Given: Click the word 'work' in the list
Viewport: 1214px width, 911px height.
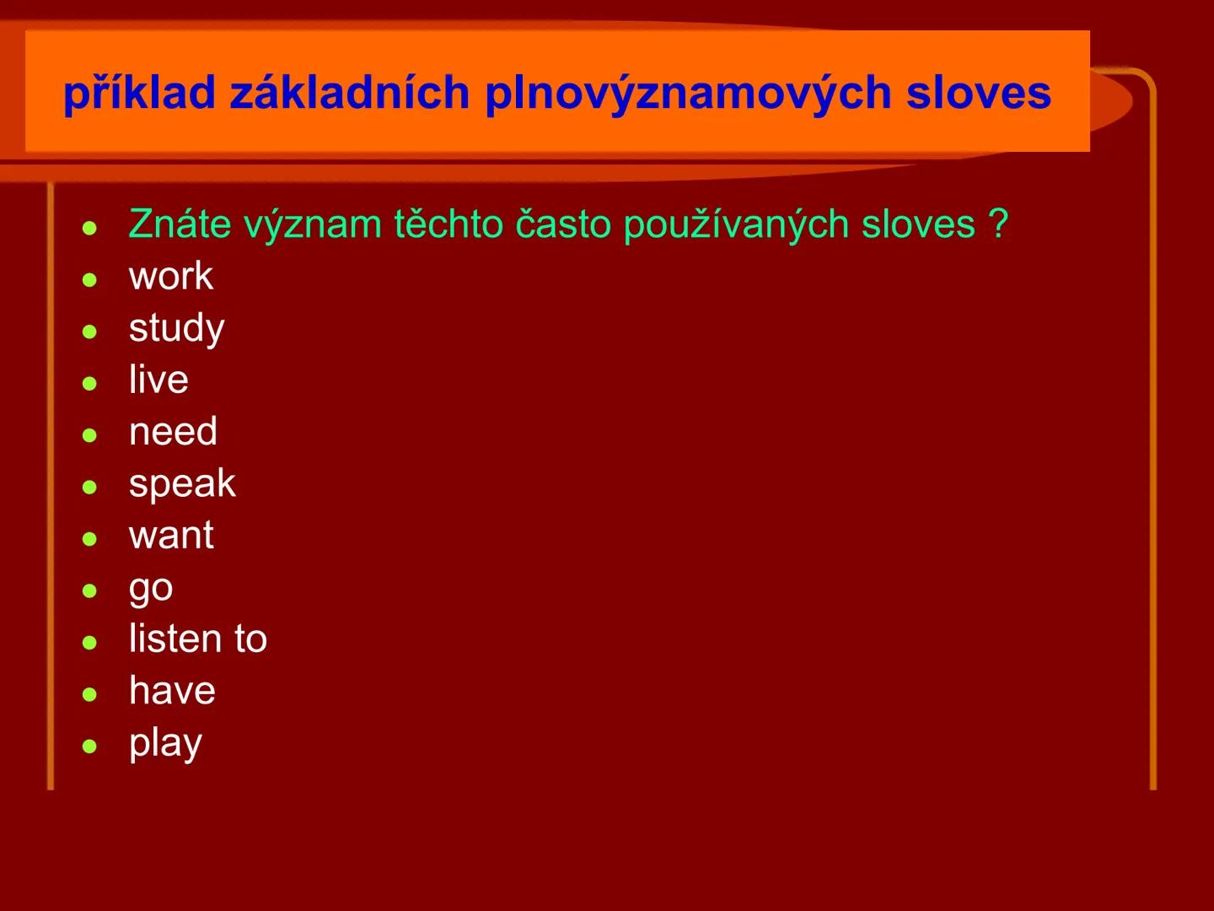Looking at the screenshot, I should click(x=171, y=277).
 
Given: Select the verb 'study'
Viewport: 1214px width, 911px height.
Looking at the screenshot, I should click(x=177, y=329).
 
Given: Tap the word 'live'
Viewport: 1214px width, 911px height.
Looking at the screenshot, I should click(x=158, y=380).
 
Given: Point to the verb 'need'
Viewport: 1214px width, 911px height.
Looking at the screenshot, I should click(x=173, y=432).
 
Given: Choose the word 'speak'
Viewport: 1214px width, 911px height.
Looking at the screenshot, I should click(x=182, y=484).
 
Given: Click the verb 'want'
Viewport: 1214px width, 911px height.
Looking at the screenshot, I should click(x=171, y=536).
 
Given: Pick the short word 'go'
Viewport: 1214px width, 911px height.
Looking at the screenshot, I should click(x=151, y=589).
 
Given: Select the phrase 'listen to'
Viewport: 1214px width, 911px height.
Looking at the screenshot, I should click(x=198, y=639).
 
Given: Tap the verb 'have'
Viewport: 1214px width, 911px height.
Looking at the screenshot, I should click(x=172, y=691).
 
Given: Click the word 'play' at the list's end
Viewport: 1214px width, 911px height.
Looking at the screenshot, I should click(x=165, y=744).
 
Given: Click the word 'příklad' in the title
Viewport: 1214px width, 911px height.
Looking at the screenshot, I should click(x=139, y=93).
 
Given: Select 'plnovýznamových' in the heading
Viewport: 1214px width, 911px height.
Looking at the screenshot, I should click(x=687, y=93).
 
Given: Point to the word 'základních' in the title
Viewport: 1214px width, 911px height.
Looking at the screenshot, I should click(x=349, y=93).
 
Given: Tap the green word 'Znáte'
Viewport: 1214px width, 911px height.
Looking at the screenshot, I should click(x=180, y=224).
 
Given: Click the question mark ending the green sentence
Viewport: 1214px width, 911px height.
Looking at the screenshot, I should click(x=998, y=224).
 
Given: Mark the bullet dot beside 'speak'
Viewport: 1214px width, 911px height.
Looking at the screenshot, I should click(x=90, y=487).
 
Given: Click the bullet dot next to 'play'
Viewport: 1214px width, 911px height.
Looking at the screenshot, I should click(x=90, y=746).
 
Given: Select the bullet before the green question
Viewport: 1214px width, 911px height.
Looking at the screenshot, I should click(x=90, y=228).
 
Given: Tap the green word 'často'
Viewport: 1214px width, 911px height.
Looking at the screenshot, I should click(x=562, y=224).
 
